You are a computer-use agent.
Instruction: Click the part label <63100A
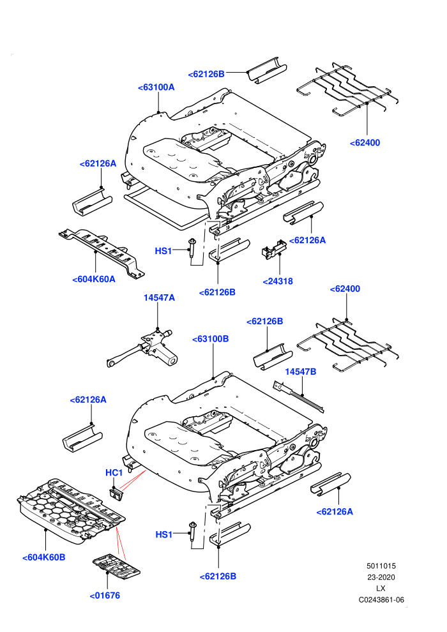[x=156, y=87]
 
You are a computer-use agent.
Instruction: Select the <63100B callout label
[x=210, y=339]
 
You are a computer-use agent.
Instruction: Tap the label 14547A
[x=159, y=298]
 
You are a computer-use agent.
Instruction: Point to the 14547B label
[x=301, y=372]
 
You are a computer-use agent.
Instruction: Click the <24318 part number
[x=278, y=282]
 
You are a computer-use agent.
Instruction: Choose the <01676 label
[x=105, y=596]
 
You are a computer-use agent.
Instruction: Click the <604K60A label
[x=93, y=280]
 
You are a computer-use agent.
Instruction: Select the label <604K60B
[x=43, y=557]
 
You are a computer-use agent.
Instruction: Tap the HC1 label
[x=114, y=472]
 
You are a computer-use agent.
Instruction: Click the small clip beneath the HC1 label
[x=116, y=493]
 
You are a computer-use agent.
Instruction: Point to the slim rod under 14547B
[x=298, y=398]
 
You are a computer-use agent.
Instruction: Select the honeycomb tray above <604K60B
[x=70, y=511]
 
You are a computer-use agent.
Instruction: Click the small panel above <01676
[x=116, y=564]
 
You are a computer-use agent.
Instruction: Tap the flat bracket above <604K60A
[x=102, y=252]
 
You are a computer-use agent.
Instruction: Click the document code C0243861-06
[x=381, y=599]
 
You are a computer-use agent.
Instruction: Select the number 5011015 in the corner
[x=381, y=566]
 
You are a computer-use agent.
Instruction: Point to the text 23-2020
[x=381, y=577]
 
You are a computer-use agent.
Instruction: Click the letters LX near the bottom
[x=381, y=589]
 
